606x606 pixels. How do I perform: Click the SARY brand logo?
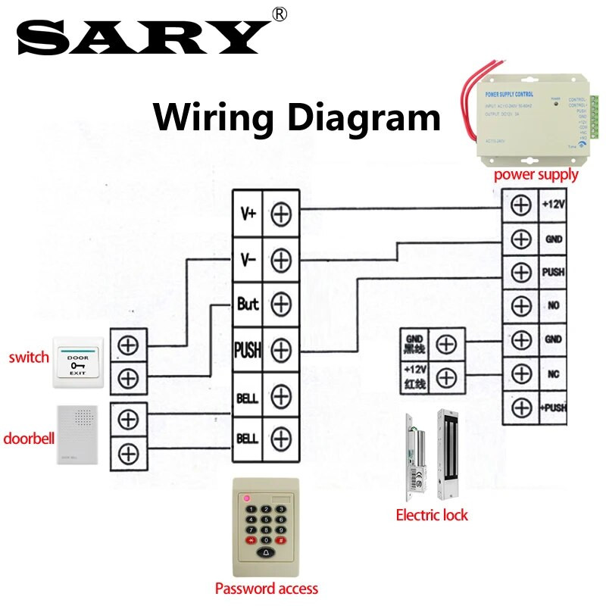click(x=144, y=36)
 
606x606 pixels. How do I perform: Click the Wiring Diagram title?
click(x=297, y=119)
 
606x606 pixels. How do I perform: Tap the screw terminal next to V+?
click(x=281, y=214)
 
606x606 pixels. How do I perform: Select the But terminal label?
click(x=248, y=305)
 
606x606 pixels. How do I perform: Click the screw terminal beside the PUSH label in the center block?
click(x=281, y=350)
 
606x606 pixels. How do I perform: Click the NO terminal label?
click(x=554, y=306)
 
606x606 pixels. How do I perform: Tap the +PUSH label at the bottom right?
click(x=554, y=407)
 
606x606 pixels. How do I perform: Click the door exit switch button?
click(x=78, y=364)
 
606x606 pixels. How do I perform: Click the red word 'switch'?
click(x=28, y=357)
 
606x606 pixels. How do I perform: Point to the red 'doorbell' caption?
click(x=27, y=439)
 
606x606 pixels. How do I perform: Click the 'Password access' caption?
click(x=266, y=589)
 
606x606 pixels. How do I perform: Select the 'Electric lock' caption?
click(x=432, y=515)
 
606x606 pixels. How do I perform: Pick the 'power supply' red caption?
click(x=536, y=175)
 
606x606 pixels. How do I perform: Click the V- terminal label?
click(x=248, y=259)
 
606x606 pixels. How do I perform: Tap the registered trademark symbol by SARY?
click(x=280, y=14)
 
